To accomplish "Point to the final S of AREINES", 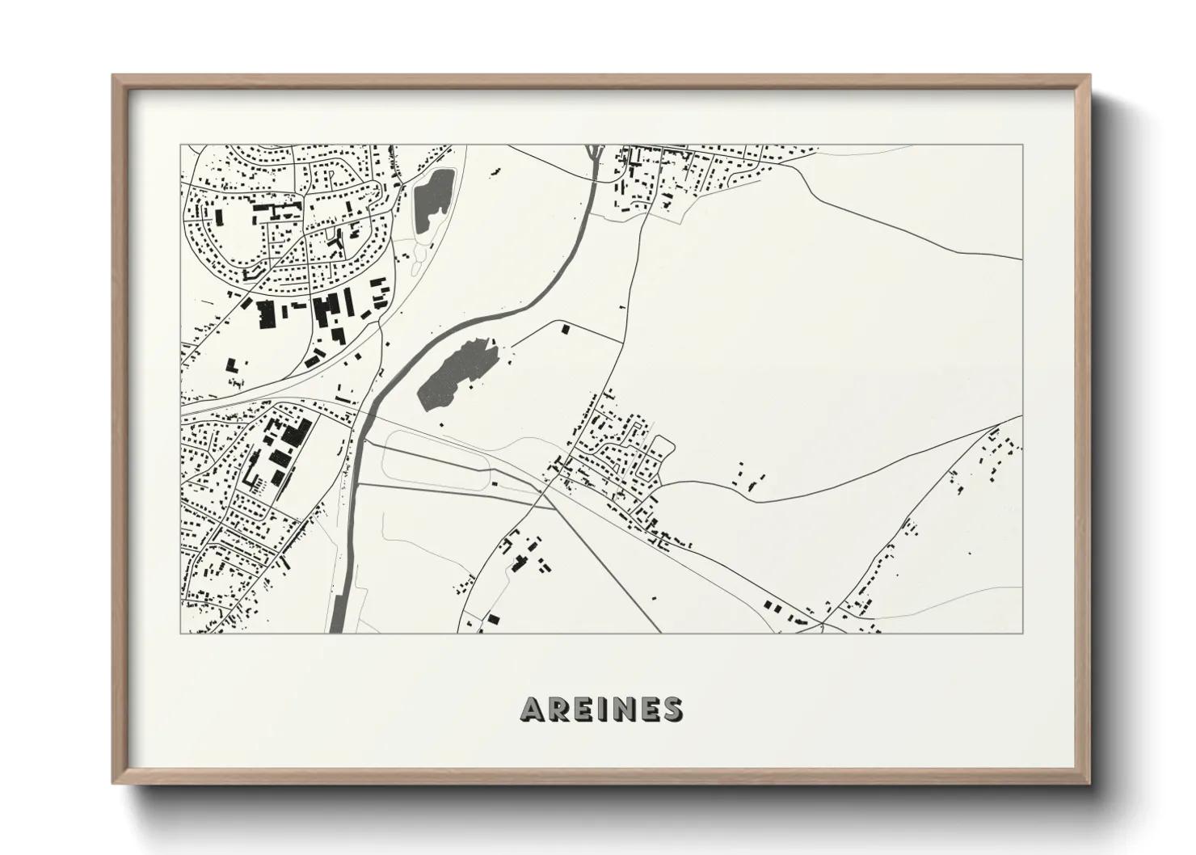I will point(671,709).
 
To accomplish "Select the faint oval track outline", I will point(436,461).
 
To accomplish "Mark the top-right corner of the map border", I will point(1022,145).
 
